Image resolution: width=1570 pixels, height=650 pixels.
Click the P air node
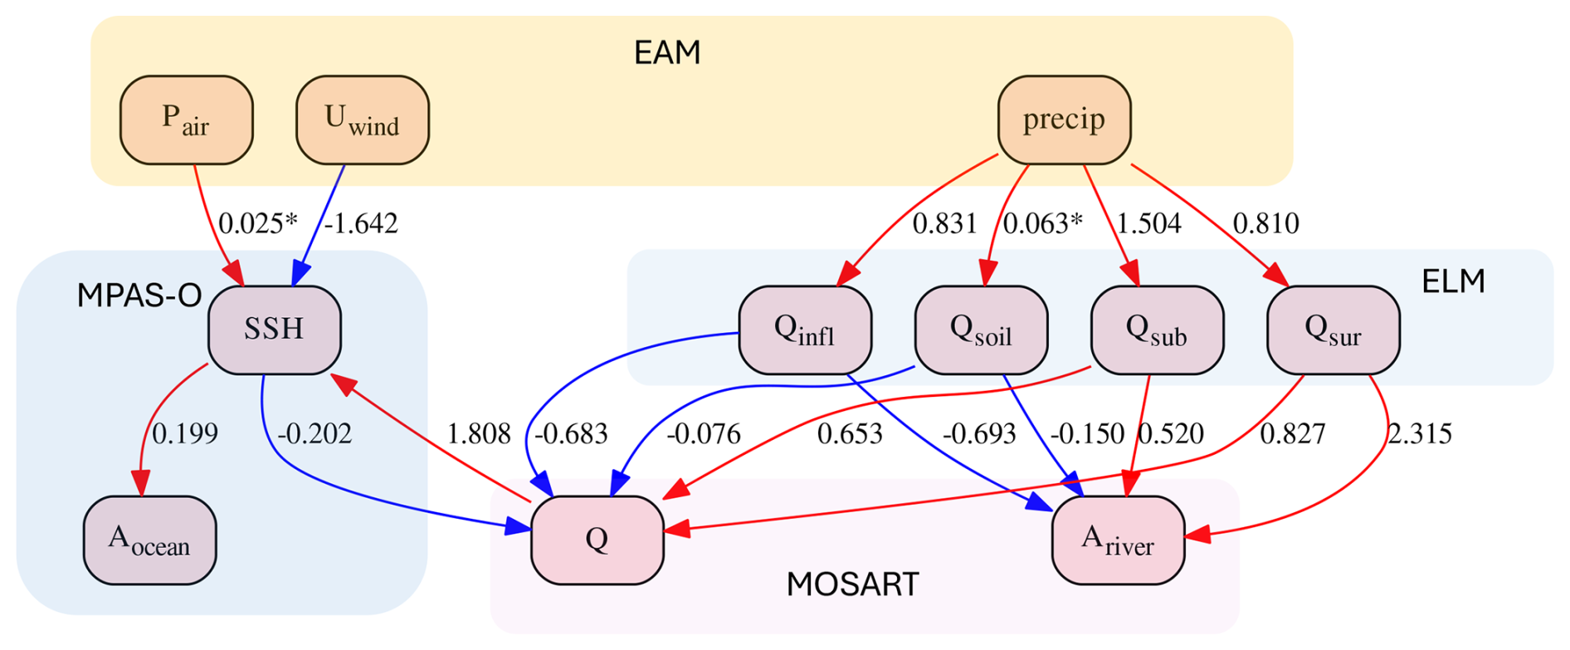187,120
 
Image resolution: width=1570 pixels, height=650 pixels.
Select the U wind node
363,120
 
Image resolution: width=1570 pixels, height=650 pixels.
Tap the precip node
1064,120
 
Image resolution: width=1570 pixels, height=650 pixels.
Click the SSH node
275,330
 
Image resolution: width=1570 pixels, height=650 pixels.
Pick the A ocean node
150,540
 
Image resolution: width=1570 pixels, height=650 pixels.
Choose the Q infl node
805,330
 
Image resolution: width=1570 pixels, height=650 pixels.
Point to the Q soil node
982,330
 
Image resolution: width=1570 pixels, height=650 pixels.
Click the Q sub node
1158,330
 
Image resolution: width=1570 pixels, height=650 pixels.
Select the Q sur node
1334,330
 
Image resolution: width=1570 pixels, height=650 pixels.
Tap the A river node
1118,540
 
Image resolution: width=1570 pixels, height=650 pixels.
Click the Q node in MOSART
597,540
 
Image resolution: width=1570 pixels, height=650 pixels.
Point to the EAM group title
667,53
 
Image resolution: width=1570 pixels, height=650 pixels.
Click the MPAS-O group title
139,296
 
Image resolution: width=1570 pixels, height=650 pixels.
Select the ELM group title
1453,282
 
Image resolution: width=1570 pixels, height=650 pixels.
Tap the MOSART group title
852,585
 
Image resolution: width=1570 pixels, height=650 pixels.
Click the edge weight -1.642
361,223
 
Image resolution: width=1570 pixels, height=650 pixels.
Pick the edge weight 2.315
1420,433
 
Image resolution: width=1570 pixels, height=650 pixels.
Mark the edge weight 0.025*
257,223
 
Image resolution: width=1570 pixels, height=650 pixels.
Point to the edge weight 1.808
479,433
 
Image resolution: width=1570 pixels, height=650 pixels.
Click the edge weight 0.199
185,433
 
